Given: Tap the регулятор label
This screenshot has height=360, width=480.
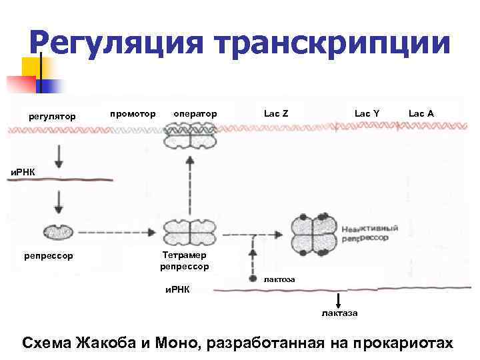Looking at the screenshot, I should click(x=52, y=117).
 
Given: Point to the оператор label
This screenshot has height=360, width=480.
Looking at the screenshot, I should click(x=195, y=113).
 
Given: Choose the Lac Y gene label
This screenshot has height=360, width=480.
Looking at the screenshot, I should click(x=367, y=113).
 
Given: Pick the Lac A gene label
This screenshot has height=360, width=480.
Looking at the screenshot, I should click(x=421, y=113).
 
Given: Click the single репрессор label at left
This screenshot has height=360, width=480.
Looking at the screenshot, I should click(x=49, y=255).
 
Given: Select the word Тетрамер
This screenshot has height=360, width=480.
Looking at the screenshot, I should click(x=185, y=255).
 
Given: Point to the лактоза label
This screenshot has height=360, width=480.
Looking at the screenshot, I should click(x=279, y=279).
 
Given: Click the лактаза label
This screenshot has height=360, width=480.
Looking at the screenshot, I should click(x=339, y=313).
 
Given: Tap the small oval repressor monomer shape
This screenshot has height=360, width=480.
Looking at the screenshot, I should click(x=57, y=231).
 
